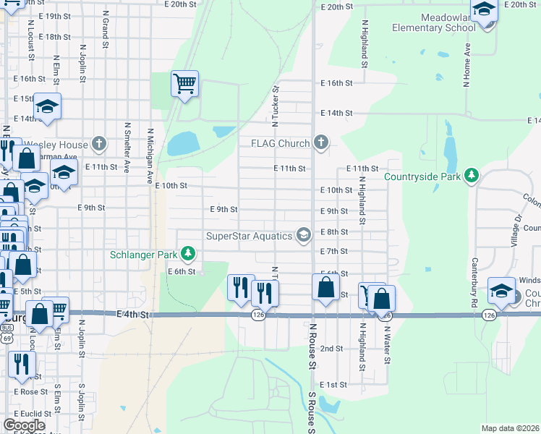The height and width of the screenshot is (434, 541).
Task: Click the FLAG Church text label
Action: [280, 143]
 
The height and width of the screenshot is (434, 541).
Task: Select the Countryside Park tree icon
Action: [472, 176]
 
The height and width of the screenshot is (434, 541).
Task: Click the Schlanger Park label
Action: [145, 254]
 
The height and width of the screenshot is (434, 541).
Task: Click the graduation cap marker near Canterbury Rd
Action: [501, 291]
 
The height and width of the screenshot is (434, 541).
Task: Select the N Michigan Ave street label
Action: [150, 156]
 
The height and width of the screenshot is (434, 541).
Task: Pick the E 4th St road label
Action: [133, 315]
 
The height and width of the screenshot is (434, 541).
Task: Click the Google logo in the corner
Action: [24, 425]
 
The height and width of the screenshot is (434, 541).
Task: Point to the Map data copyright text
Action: [510, 428]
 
